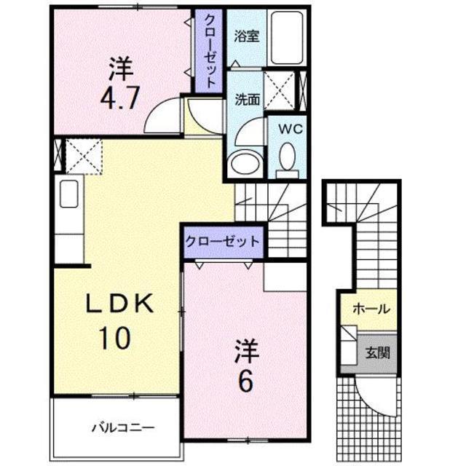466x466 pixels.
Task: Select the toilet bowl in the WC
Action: (288, 156)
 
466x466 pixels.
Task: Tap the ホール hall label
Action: (370, 309)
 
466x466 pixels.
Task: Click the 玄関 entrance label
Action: (377, 353)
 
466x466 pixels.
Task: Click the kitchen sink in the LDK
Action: (68, 195)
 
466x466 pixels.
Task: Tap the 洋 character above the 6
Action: (246, 351)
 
